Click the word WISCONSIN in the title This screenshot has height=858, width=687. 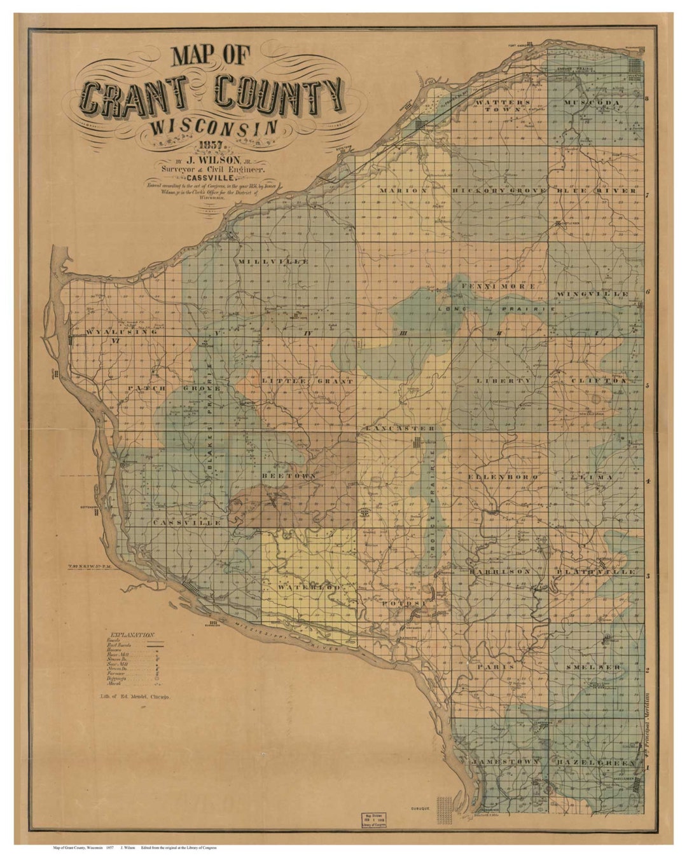pos(212,126)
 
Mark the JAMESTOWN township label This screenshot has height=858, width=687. pos(504,761)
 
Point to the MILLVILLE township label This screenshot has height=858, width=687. pos(272,261)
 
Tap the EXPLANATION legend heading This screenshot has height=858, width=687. pos(132,634)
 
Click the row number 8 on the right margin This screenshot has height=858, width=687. pos(648,99)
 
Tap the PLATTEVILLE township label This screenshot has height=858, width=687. pos(595,572)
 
